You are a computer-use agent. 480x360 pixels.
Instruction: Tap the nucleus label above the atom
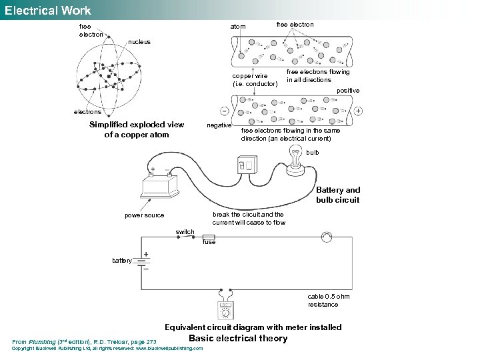[139, 41]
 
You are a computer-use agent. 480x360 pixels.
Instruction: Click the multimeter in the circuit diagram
[225, 309]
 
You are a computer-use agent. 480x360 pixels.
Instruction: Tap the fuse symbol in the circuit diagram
[208, 237]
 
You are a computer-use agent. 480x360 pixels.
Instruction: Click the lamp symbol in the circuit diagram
[327, 237]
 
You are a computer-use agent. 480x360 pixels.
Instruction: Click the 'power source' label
[144, 215]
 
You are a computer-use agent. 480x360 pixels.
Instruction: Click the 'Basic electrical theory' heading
[238, 338]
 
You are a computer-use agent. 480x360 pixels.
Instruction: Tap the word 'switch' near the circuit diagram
[185, 232]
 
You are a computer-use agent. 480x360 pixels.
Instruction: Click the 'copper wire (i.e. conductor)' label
[254, 79]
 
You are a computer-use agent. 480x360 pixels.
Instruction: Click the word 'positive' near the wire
[348, 90]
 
